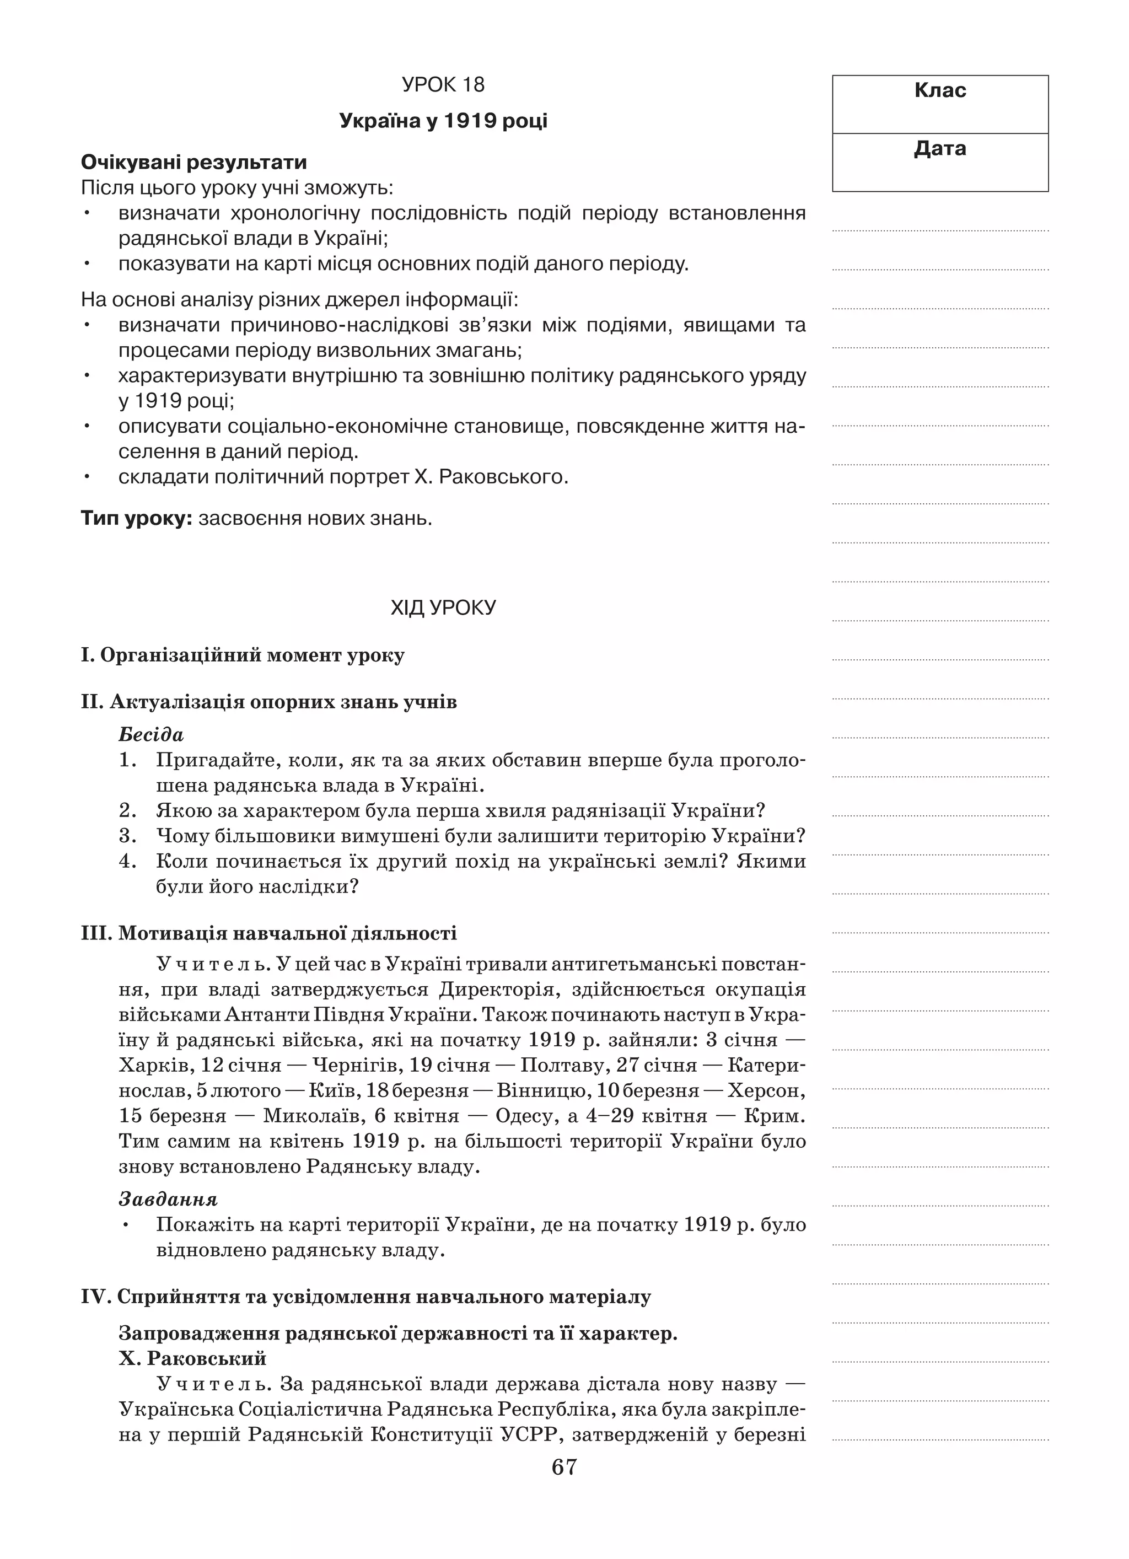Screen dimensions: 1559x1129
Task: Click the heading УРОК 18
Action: pyautogui.click(x=443, y=84)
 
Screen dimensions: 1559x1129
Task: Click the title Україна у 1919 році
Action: pyautogui.click(x=443, y=121)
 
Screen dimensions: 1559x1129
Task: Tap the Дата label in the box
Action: pyautogui.click(x=940, y=148)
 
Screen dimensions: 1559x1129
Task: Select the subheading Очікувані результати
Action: pyautogui.click(x=194, y=163)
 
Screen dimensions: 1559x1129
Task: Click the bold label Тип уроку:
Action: pyautogui.click(x=136, y=518)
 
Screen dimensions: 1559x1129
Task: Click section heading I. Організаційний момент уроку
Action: pyautogui.click(x=243, y=655)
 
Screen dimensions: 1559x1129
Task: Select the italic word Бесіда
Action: pyautogui.click(x=151, y=735)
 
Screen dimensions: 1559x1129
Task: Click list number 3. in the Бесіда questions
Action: pyautogui.click(x=128, y=836)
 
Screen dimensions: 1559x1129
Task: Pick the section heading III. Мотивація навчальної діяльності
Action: pyautogui.click(x=269, y=933)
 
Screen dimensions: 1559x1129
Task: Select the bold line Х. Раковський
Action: pyautogui.click(x=192, y=1358)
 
